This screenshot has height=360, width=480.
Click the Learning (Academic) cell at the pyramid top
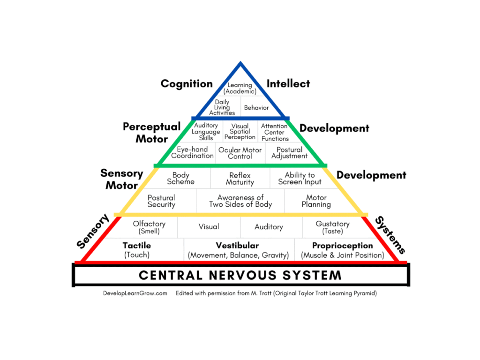click(x=240, y=88)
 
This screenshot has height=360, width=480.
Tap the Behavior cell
click(x=256, y=108)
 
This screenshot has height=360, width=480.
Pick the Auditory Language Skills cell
click(x=206, y=132)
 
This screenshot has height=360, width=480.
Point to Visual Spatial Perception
click(x=240, y=132)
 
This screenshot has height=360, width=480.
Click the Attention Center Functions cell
click(x=275, y=132)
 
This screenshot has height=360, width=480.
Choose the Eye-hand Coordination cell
click(x=192, y=153)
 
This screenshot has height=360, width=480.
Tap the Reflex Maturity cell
click(x=240, y=179)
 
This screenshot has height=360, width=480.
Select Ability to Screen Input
click(x=300, y=179)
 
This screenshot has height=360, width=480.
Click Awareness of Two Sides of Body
click(x=240, y=201)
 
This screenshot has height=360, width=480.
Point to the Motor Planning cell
click(x=316, y=201)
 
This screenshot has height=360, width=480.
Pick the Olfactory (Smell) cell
click(x=149, y=227)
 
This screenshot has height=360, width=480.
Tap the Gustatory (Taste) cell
click(x=332, y=227)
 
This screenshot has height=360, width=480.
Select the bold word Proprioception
click(x=342, y=246)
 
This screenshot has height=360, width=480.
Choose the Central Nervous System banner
click(x=240, y=275)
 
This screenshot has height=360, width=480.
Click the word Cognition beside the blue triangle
click(x=187, y=83)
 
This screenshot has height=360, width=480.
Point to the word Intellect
click(x=288, y=83)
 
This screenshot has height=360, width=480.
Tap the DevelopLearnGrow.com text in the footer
click(x=135, y=293)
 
